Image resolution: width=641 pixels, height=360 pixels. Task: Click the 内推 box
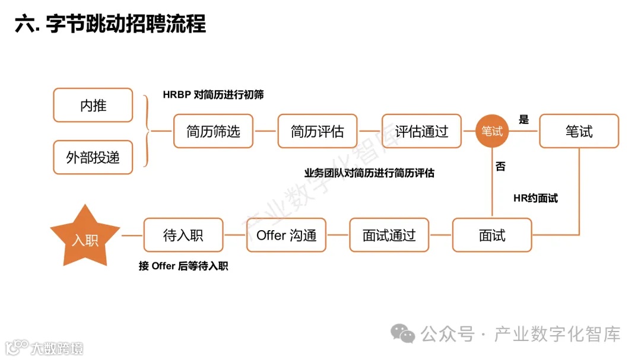coord(93,106)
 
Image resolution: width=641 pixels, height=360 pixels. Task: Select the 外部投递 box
coord(93,157)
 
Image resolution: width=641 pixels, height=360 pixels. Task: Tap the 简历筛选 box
coord(213,131)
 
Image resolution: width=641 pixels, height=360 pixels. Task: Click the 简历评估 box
coord(318,131)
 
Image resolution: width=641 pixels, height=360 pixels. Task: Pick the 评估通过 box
coord(421,131)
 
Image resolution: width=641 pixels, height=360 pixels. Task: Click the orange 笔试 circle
coord(492,131)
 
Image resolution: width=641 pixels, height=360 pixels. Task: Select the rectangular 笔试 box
coord(579,131)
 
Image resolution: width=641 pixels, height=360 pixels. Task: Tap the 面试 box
coord(492,235)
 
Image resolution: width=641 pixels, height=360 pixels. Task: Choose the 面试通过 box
coord(389,235)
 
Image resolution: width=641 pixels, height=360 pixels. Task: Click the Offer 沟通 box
coord(286,235)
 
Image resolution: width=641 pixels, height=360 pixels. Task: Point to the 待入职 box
coord(183,235)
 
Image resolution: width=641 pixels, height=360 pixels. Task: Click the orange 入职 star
coord(85,237)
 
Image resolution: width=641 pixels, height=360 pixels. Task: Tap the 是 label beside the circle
coord(523,120)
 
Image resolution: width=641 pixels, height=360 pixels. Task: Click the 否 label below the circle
coord(500,167)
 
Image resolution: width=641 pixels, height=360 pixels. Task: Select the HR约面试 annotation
coord(535,198)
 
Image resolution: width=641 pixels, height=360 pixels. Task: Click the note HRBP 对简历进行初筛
coord(213,94)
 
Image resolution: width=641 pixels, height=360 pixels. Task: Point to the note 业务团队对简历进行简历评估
coord(369,173)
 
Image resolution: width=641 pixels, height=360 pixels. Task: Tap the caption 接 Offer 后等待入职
coord(183,266)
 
